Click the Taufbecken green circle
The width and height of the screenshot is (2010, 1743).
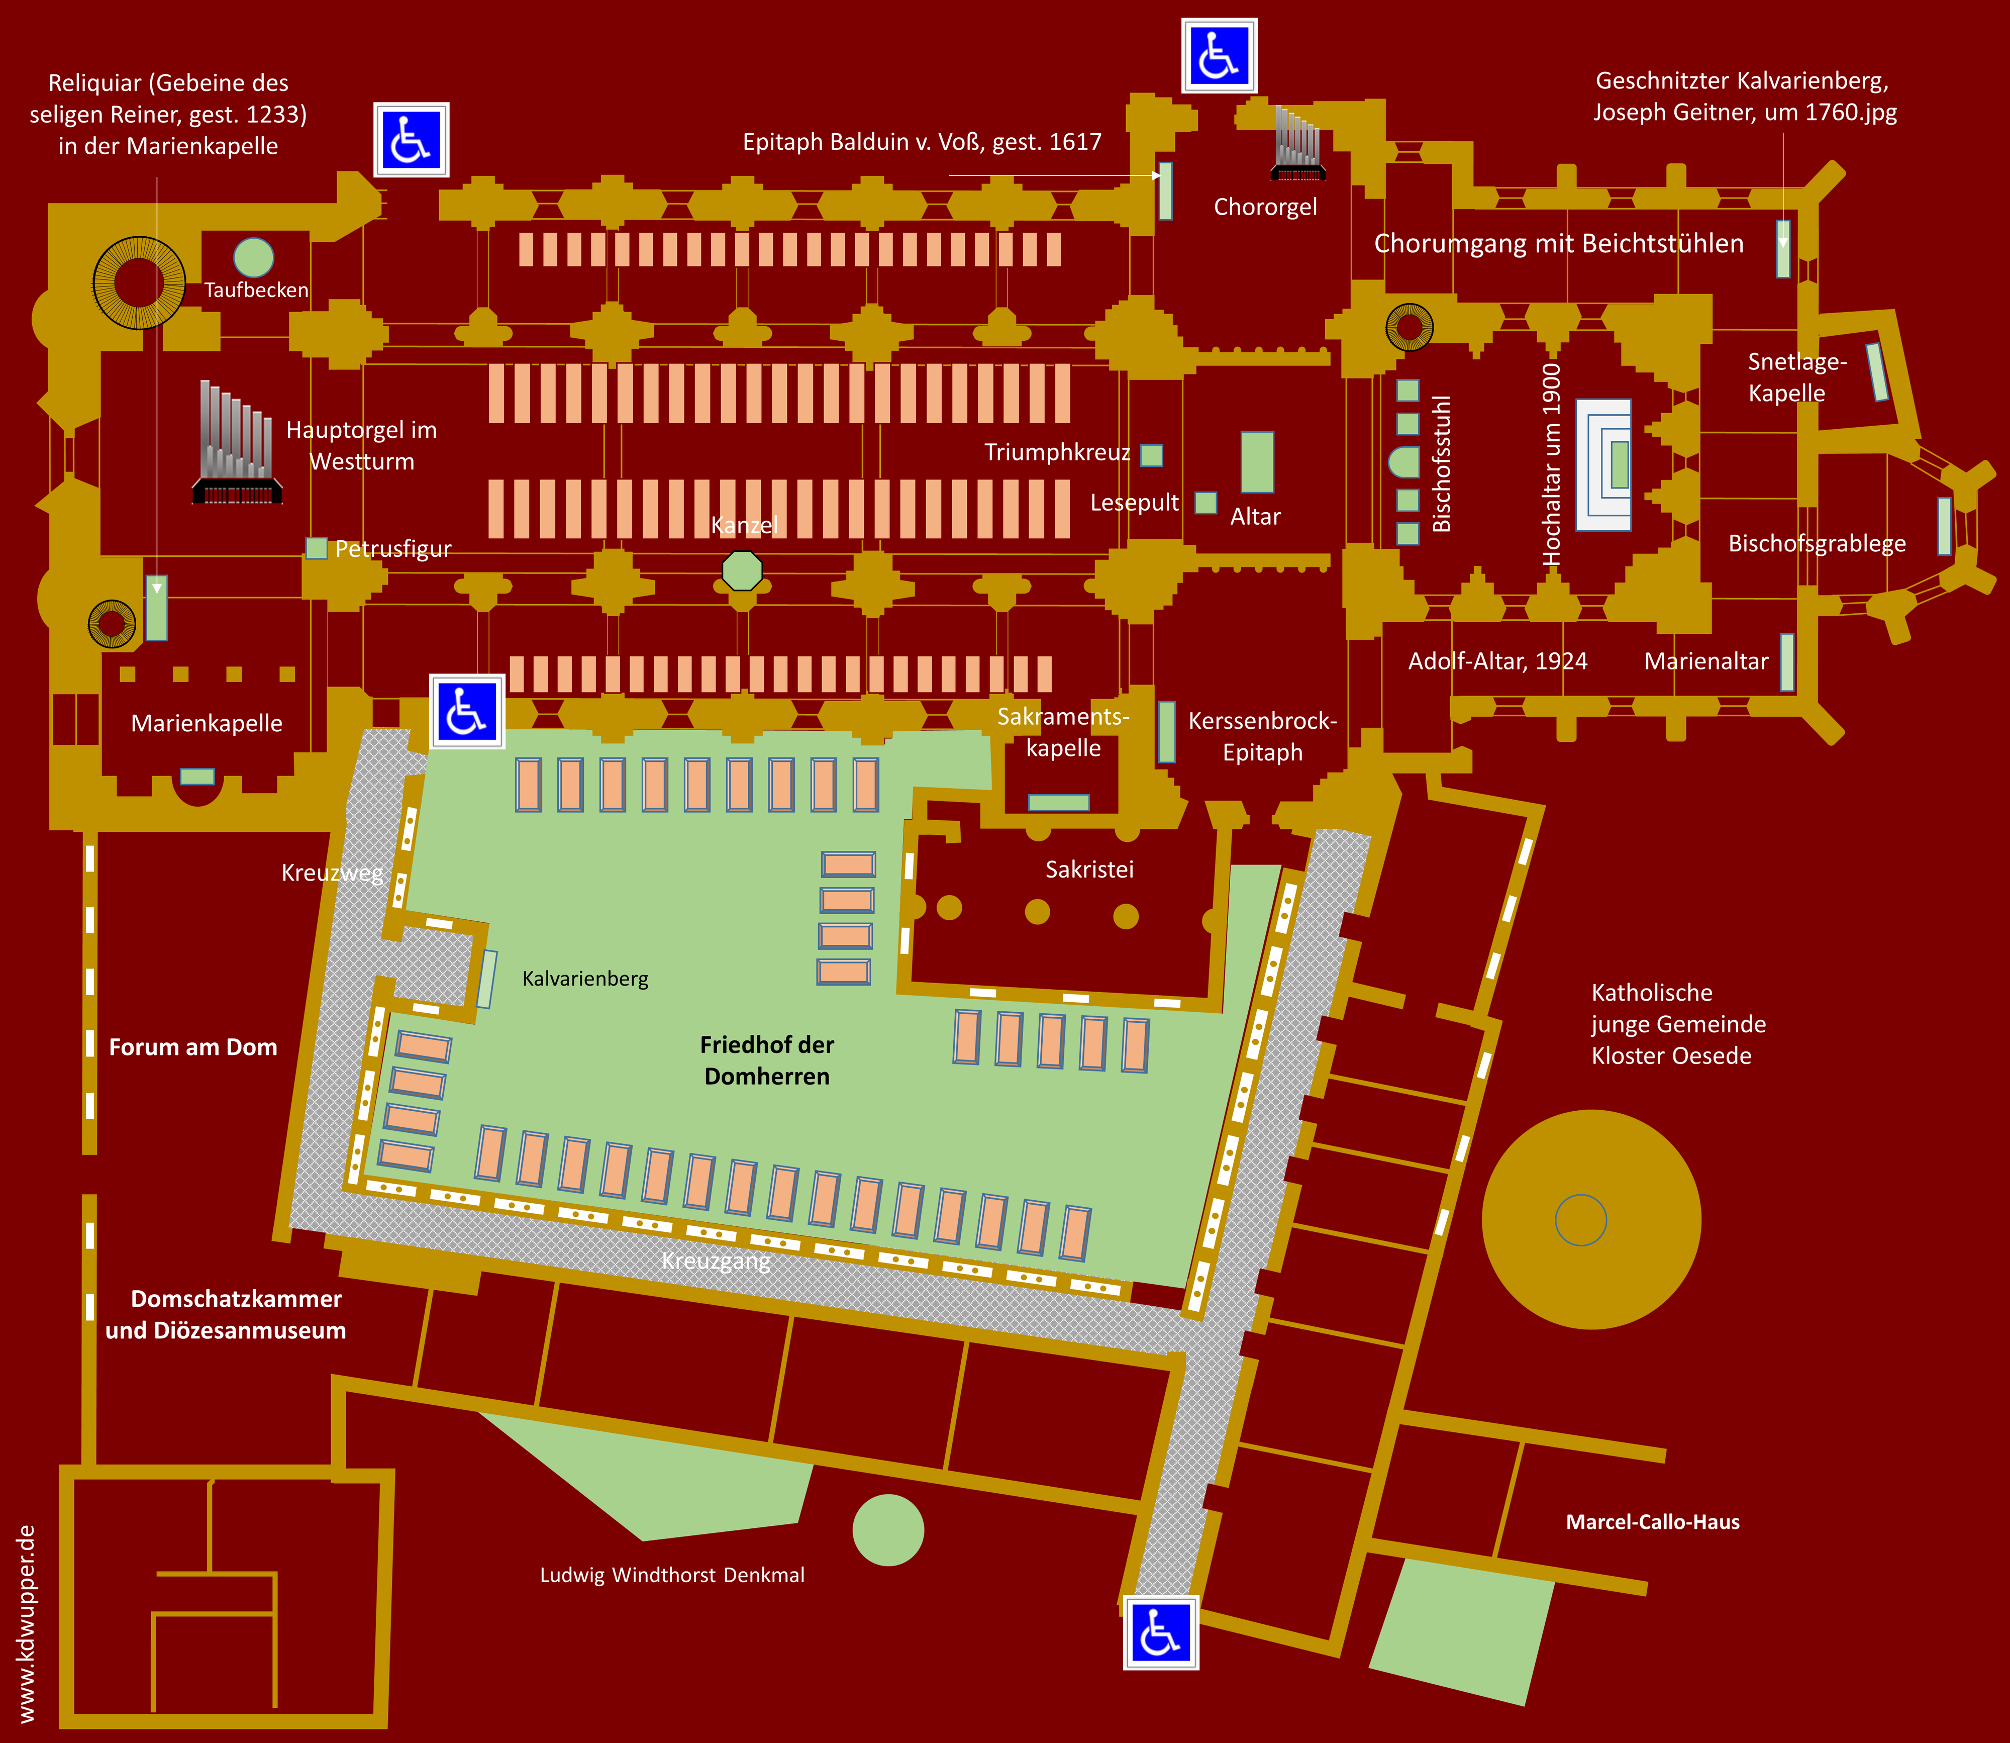point(254,258)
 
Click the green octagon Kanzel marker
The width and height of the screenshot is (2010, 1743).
point(742,571)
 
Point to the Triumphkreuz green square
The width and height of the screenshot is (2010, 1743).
point(1151,455)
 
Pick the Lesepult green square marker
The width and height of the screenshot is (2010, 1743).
point(1206,503)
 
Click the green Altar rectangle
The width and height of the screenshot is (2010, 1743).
point(1257,462)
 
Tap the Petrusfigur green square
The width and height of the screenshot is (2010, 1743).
point(316,548)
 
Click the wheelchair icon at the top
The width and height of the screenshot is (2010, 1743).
point(1220,55)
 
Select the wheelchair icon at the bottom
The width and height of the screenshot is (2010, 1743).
point(1161,1632)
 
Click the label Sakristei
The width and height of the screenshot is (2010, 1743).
point(1089,869)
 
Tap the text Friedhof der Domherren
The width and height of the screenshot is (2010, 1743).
point(767,1060)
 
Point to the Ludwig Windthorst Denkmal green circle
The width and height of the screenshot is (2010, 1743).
point(888,1530)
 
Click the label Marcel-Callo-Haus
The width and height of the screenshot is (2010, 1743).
point(1652,1522)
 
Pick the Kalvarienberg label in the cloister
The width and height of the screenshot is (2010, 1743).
point(585,979)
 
